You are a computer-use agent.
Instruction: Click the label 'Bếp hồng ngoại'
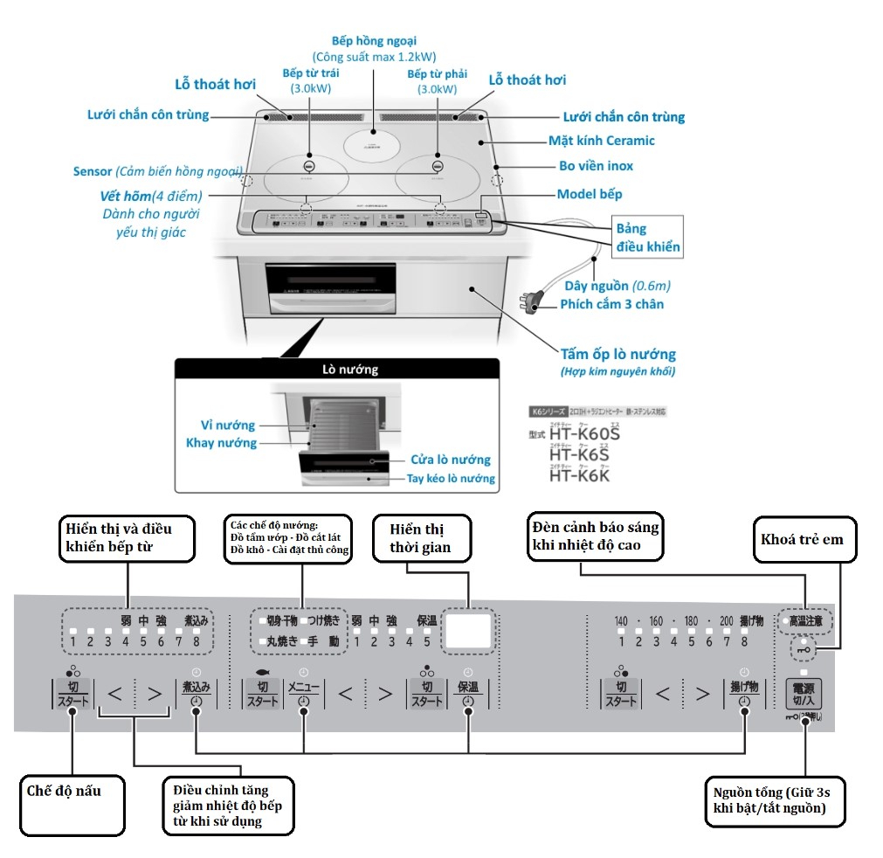click(375, 40)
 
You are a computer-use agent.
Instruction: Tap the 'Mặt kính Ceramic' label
click(601, 140)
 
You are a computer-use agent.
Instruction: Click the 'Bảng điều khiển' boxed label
click(647, 237)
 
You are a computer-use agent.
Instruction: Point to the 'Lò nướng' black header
click(337, 369)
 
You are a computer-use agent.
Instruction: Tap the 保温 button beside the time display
click(468, 693)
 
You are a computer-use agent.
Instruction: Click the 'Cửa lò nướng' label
click(450, 460)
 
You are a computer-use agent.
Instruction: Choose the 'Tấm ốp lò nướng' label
click(618, 354)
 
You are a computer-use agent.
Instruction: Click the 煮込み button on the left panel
click(196, 693)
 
